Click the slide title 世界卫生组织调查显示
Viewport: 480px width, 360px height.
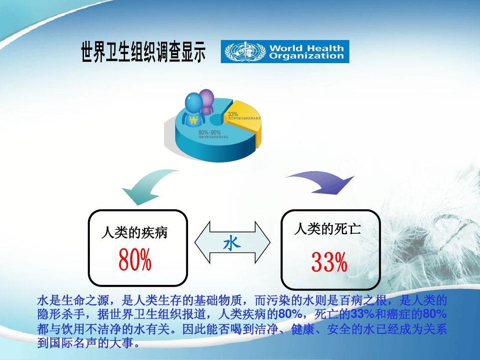[143, 52]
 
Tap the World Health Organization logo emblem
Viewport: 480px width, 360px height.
[239, 52]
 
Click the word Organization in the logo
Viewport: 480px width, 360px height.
[307, 56]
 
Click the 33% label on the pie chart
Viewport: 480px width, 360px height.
[233, 114]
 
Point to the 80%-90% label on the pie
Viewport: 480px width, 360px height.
[209, 132]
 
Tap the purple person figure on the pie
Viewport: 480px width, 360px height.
[207, 101]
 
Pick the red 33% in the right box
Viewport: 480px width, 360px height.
[329, 263]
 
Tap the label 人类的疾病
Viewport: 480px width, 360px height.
[134, 232]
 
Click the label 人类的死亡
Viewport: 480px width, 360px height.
[327, 229]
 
